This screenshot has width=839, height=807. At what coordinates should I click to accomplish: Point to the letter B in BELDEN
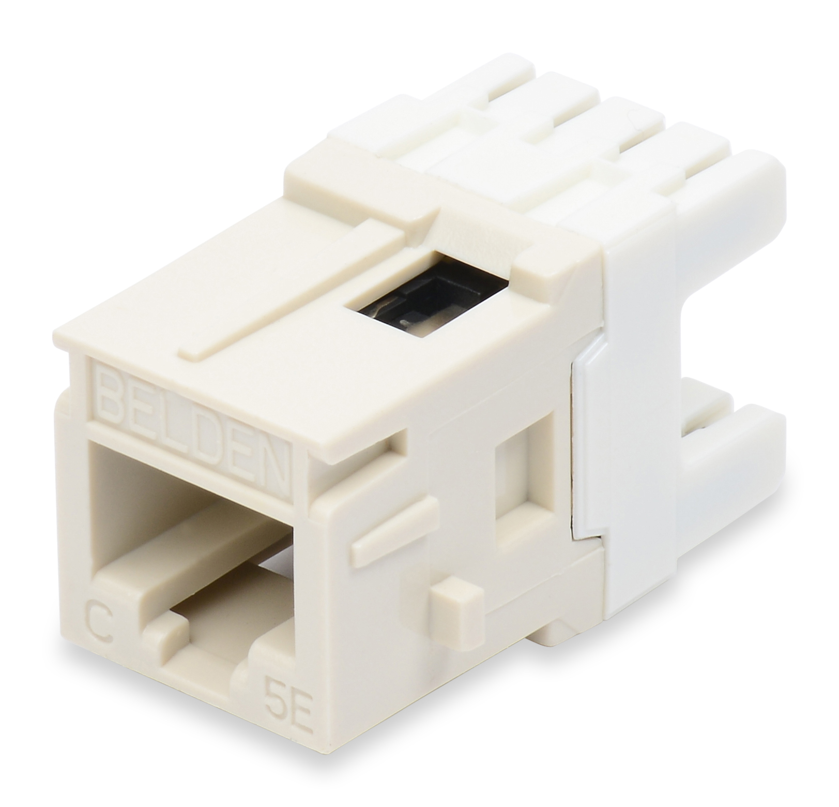point(111,390)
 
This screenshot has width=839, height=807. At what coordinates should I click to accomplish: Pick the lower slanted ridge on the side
point(393,517)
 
